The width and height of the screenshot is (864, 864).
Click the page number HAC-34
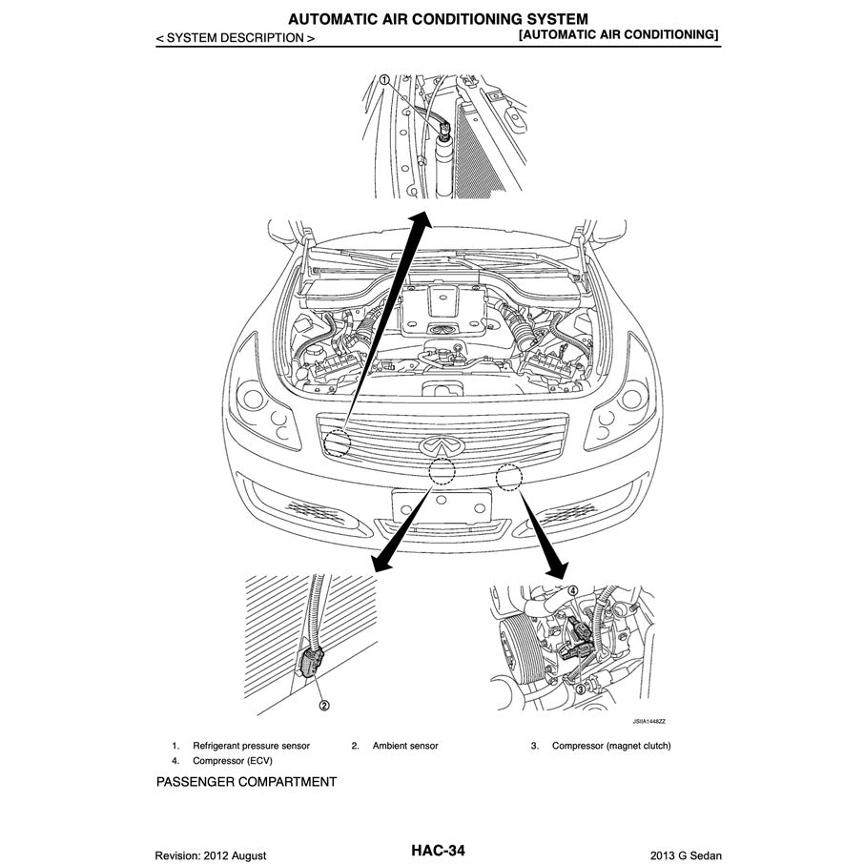[438, 850]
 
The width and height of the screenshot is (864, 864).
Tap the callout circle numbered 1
[384, 81]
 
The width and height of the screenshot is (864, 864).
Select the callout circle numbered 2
[324, 706]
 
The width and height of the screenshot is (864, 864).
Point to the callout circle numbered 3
[580, 689]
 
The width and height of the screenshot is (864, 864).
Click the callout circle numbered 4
[572, 590]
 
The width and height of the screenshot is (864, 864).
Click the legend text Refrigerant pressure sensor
[251, 746]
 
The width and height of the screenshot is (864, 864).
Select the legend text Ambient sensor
[405, 746]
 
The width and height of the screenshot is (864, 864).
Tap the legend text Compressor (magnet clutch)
[610, 746]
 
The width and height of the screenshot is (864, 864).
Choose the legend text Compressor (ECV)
[233, 761]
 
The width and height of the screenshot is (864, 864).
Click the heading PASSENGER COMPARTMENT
[246, 782]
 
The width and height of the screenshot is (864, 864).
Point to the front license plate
[441, 505]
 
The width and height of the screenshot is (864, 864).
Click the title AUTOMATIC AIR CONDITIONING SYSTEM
[438, 18]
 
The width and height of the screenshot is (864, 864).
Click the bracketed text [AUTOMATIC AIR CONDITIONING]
[618, 34]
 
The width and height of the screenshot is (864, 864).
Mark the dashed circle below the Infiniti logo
[442, 469]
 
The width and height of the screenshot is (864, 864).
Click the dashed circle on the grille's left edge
[337, 442]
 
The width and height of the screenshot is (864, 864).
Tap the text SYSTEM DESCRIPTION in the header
[235, 38]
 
